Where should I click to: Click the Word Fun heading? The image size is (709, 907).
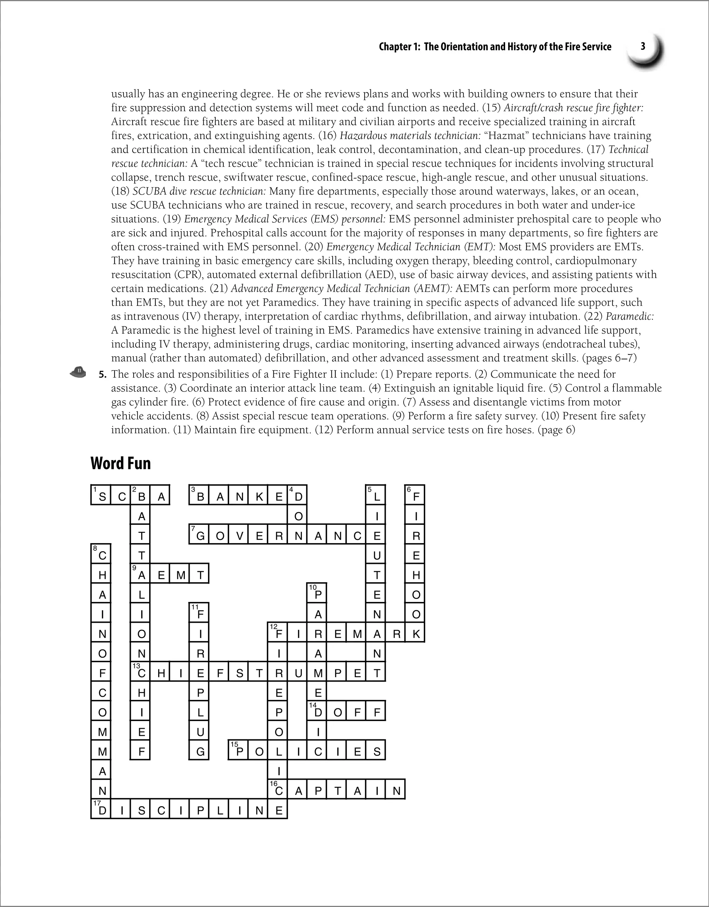pos(120,464)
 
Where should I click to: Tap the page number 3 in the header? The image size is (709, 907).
pos(643,46)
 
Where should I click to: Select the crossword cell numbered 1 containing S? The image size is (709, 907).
pos(101,495)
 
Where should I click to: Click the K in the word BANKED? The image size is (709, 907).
pos(258,495)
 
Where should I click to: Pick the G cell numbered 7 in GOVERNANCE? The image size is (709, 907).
pos(199,535)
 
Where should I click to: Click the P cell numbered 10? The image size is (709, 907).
pos(317,594)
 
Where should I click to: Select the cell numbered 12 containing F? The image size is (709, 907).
pos(278,633)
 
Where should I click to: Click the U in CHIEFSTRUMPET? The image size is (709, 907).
pos(298,672)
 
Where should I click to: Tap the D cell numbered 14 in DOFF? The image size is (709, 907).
pos(317,712)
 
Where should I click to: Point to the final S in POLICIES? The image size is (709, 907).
pos(376,751)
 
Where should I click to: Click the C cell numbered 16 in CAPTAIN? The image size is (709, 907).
pos(278,790)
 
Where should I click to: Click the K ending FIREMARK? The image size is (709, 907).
pos(416,633)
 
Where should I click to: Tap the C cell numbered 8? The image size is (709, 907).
pos(101,555)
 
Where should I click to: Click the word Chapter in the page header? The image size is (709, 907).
pos(395,46)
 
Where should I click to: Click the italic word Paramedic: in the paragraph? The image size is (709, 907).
pos(630,316)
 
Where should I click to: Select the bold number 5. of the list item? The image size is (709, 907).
pos(102,375)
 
